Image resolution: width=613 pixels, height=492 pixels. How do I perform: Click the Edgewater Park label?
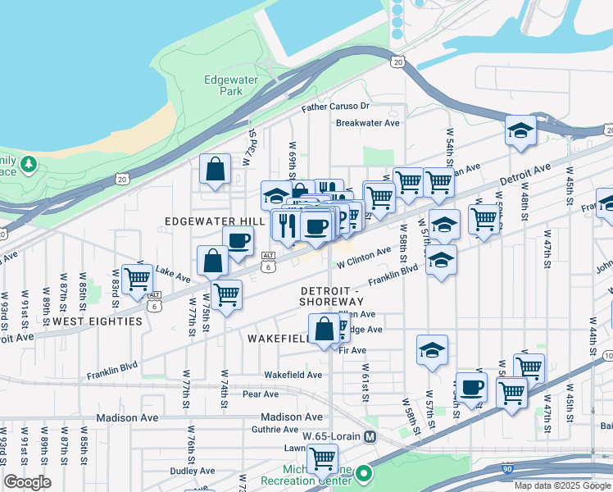click(x=223, y=85)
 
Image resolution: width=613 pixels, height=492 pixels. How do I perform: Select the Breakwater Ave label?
click(x=367, y=123)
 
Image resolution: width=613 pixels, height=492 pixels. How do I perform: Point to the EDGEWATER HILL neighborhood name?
click(x=216, y=221)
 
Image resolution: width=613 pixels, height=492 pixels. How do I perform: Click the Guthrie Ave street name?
click(x=275, y=429)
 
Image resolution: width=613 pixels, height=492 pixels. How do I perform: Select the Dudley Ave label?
click(x=193, y=471)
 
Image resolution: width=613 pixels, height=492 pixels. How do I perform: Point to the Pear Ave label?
click(x=261, y=394)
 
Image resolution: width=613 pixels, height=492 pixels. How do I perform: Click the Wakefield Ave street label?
click(x=293, y=375)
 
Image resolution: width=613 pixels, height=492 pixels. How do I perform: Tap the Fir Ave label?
click(x=352, y=350)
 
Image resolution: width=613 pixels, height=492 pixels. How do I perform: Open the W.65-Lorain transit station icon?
click(x=370, y=436)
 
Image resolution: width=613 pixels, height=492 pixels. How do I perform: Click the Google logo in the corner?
click(x=27, y=482)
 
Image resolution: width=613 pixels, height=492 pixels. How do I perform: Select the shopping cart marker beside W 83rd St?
click(x=137, y=277)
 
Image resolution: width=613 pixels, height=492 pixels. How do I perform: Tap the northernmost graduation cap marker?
click(x=520, y=130)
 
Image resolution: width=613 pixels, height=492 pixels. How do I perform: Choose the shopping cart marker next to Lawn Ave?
click(x=322, y=457)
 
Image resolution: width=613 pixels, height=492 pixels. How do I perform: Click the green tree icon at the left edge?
click(x=30, y=164)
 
